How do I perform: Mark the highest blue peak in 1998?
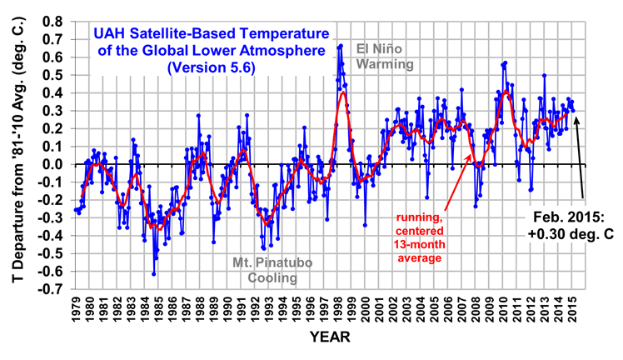(x=341, y=45)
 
